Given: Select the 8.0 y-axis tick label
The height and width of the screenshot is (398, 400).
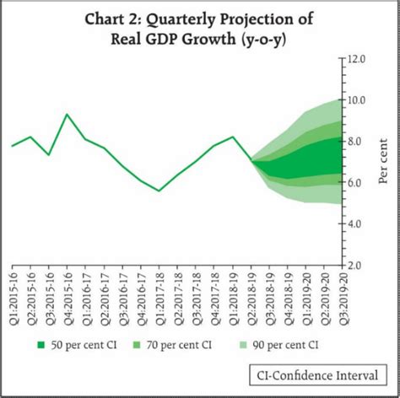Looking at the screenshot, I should coord(356,142).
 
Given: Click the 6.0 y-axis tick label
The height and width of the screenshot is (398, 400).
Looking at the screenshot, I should coord(356,183).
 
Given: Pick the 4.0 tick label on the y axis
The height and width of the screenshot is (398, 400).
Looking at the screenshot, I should coord(356,224).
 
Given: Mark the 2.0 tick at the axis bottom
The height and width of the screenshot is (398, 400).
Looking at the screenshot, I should coord(356,265).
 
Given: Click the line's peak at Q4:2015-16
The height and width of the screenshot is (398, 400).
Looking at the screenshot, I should coord(67,115).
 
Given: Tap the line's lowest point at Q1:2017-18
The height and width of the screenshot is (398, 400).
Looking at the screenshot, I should coord(159,191).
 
